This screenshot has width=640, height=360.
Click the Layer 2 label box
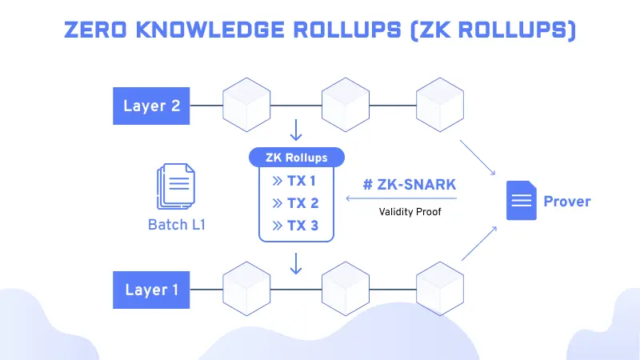151,106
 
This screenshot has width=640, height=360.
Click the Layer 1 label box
151,289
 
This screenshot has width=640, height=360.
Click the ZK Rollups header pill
296,158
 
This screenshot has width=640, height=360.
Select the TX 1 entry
295,180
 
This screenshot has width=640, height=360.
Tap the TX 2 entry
295,203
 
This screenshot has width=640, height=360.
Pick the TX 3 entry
295,226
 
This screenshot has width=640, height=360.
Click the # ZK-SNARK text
409,185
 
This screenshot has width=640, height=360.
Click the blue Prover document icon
519,200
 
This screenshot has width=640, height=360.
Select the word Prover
566,201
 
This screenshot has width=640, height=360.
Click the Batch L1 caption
177,225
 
